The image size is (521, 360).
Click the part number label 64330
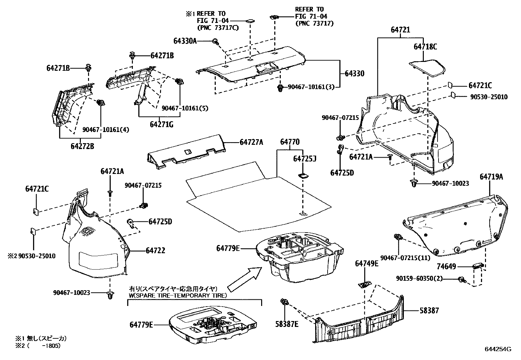tap(354, 74)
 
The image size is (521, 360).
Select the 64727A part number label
tap(251, 142)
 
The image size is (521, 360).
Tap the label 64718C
tap(425, 47)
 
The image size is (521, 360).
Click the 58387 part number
tap(429, 310)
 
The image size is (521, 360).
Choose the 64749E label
tap(367, 263)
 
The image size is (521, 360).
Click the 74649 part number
tap(446, 267)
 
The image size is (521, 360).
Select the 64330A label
tap(185, 41)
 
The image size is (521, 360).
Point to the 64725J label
tap(304, 159)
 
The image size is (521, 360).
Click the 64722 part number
tap(155, 251)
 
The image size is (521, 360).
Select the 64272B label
tap(82, 146)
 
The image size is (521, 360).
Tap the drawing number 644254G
tap(498, 349)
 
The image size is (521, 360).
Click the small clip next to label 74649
tap(478, 265)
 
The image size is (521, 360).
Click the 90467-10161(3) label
tap(311, 87)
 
